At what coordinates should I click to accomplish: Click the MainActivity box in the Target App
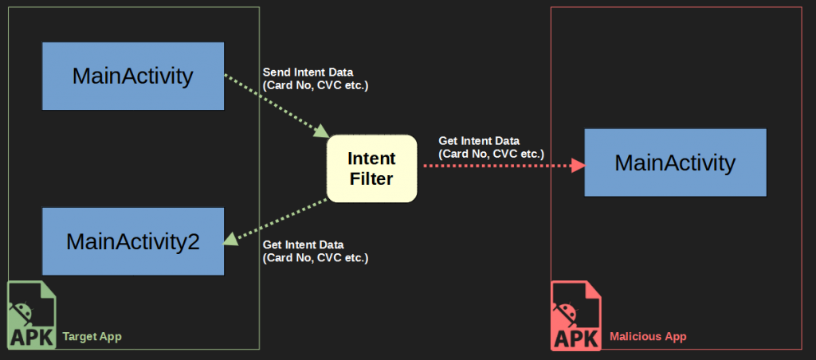132,76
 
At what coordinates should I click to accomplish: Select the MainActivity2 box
132,241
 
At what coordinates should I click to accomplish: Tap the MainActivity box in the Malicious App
675,162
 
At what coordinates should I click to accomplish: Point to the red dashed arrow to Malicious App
498,166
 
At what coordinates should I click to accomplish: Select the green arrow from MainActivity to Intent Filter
275,104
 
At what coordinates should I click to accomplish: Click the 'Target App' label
92,337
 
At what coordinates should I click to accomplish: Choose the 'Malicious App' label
647,337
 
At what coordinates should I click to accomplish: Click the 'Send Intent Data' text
308,72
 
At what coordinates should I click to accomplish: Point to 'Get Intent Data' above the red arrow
478,141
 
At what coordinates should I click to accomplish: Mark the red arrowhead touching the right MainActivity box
579,166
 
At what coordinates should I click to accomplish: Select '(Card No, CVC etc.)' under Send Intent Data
316,85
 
